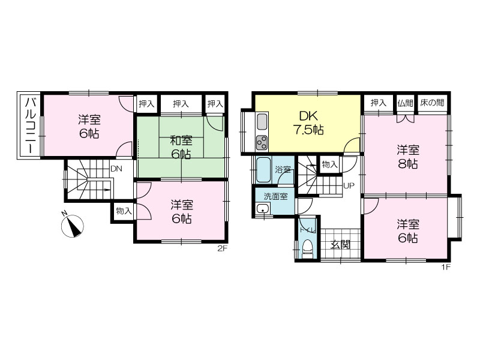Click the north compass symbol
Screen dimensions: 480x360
[72, 226]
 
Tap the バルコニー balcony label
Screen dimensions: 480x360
[31, 125]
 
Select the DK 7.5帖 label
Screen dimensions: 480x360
[308, 123]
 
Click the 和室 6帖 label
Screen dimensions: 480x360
[181, 148]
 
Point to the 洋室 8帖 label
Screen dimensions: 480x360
[408, 157]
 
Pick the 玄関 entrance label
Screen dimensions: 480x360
[340, 245]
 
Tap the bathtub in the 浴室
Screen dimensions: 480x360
[263, 170]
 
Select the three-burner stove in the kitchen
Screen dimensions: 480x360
[262, 142]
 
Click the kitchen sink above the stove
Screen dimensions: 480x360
[262, 122]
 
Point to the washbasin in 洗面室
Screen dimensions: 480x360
[263, 209]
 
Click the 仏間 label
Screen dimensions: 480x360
[406, 103]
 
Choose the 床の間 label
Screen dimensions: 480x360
[431, 103]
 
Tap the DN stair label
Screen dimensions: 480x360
[116, 169]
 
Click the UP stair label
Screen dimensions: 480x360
[349, 185]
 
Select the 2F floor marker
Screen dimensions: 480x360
[223, 248]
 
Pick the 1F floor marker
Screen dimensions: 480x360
[446, 267]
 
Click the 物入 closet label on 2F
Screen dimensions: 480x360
[124, 211]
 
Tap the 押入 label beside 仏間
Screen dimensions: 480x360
[379, 103]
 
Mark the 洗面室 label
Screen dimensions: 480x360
[275, 196]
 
